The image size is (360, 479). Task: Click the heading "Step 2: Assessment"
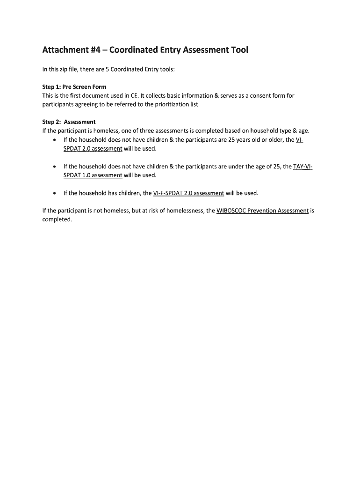click(69, 122)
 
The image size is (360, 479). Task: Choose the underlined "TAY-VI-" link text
click(302, 167)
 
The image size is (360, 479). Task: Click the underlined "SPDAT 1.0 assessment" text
click(93, 175)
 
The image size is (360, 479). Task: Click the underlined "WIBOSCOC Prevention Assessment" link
click(263, 211)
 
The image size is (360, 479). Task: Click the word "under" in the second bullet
click(237, 167)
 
